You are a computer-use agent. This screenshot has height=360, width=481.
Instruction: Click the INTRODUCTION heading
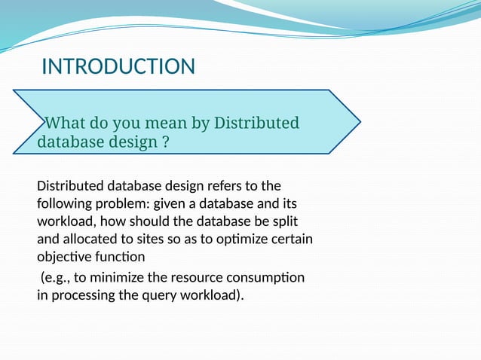point(118,67)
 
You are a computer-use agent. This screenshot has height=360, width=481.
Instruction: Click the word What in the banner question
point(69,123)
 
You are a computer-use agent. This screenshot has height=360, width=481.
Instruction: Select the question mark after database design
point(165,142)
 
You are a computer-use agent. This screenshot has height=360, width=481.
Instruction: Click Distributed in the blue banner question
point(256,123)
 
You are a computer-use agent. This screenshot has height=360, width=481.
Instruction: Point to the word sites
point(158,240)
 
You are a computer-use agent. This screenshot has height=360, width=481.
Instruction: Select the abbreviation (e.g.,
point(57,277)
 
